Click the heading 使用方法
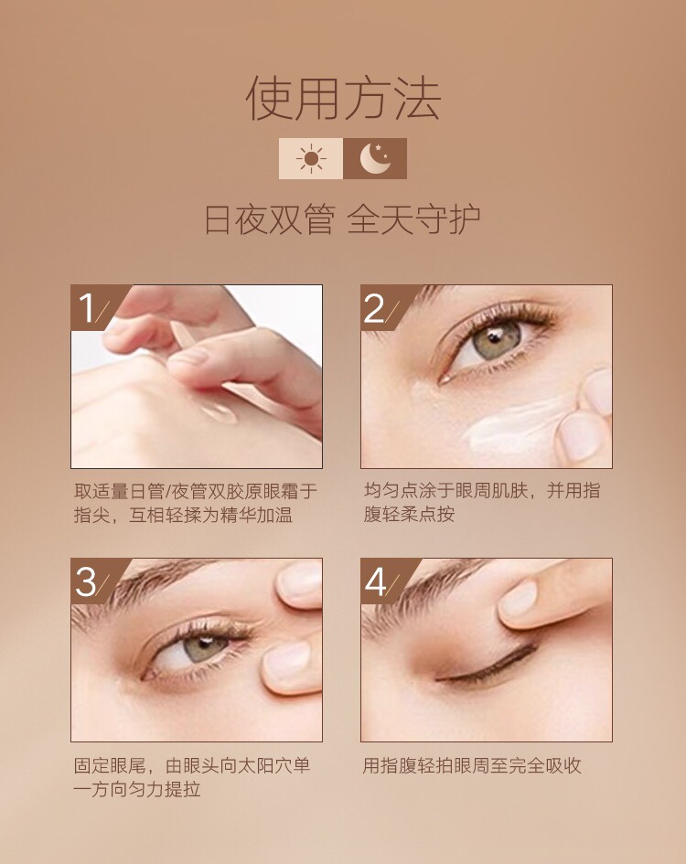(x=343, y=99)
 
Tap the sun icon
(x=311, y=159)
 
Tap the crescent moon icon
(x=375, y=159)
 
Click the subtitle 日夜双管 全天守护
(x=342, y=219)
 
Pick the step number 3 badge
(x=91, y=581)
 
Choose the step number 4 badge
(x=380, y=581)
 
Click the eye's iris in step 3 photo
(x=205, y=648)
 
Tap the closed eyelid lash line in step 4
(x=487, y=664)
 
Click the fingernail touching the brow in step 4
(x=519, y=599)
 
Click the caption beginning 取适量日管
(x=196, y=503)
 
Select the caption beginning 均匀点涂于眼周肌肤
(x=482, y=502)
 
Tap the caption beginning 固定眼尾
(x=192, y=777)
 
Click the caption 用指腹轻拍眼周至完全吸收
(x=472, y=765)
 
